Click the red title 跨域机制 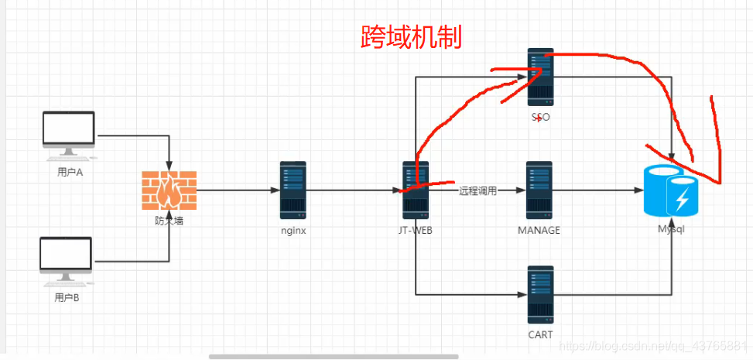pyautogui.click(x=412, y=36)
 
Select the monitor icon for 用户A pyautogui.click(x=69, y=133)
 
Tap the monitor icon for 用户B pyautogui.click(x=66, y=259)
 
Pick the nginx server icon pyautogui.click(x=293, y=190)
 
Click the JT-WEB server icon pyautogui.click(x=416, y=190)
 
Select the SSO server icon pyautogui.click(x=541, y=77)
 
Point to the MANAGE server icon pyautogui.click(x=539, y=190)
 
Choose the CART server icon pyautogui.click(x=540, y=294)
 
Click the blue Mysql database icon pyautogui.click(x=671, y=190)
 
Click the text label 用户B pyautogui.click(x=67, y=297)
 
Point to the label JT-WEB pyautogui.click(x=415, y=231)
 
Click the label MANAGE pyautogui.click(x=539, y=231)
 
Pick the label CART pyautogui.click(x=540, y=335)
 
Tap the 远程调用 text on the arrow pyautogui.click(x=477, y=190)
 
